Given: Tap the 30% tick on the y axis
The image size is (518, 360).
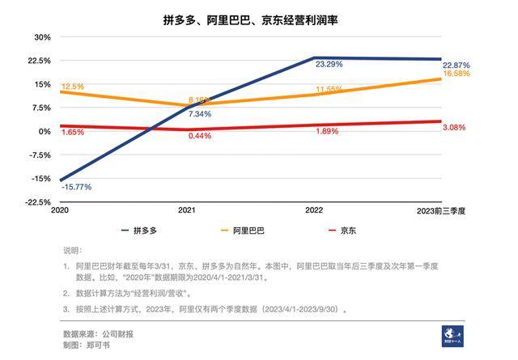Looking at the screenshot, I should pos(40,37).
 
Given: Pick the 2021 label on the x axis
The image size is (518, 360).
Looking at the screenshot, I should pos(187,210).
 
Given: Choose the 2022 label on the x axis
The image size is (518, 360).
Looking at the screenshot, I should pos(314,210).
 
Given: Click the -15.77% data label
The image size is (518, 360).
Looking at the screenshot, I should pos(76,187).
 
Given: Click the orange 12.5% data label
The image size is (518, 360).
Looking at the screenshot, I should pos(73,87).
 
